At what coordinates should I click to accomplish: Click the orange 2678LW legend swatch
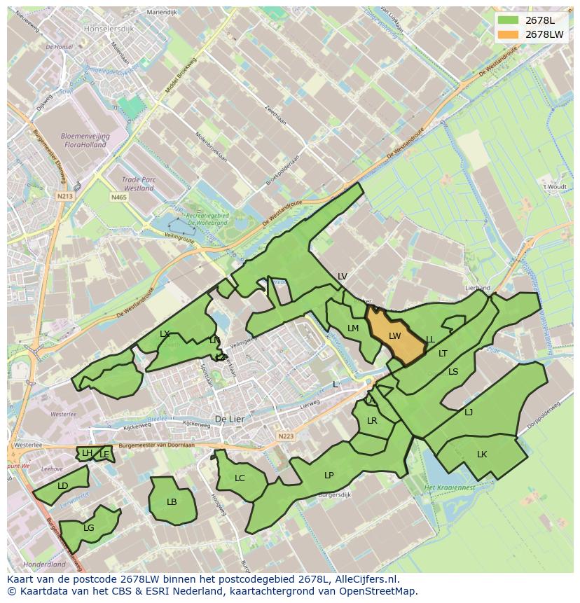(x=510, y=34)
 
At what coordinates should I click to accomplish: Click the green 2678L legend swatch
(x=510, y=20)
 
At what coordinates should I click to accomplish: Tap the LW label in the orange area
(x=394, y=336)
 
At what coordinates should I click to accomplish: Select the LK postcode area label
(x=482, y=455)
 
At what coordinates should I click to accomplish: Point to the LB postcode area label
(x=172, y=502)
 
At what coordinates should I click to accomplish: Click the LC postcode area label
(x=240, y=478)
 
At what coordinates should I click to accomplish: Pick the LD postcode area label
(x=63, y=486)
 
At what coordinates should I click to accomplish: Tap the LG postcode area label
(x=89, y=528)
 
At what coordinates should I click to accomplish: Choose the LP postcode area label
(x=329, y=476)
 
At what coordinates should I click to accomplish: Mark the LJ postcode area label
(x=469, y=413)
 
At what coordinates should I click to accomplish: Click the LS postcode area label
(x=453, y=372)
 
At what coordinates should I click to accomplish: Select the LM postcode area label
(x=353, y=328)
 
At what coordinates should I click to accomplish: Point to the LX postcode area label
(x=165, y=334)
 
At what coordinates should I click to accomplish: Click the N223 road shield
(x=286, y=436)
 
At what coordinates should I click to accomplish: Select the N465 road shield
(x=118, y=198)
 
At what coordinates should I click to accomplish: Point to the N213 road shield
(x=65, y=197)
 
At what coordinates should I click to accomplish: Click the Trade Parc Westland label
(x=138, y=183)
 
